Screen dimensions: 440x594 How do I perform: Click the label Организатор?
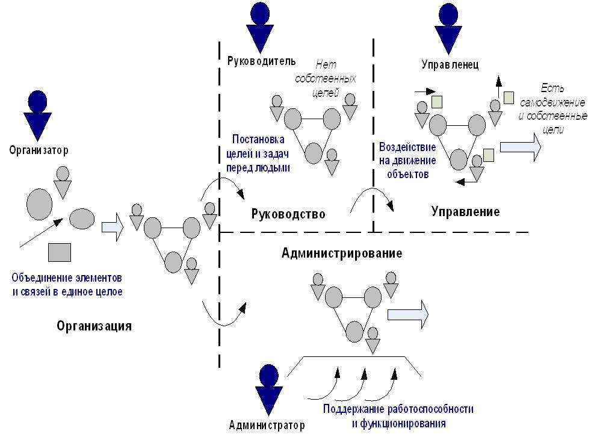point(39,150)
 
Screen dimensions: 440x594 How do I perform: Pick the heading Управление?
point(466,212)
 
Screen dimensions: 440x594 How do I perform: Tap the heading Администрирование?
point(341,253)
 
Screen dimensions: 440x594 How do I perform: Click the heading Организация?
point(94,326)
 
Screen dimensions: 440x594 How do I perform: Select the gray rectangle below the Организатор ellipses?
point(60,252)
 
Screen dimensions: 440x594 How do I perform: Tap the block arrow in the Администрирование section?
point(407,314)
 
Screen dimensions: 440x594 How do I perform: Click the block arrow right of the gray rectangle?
point(113,228)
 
